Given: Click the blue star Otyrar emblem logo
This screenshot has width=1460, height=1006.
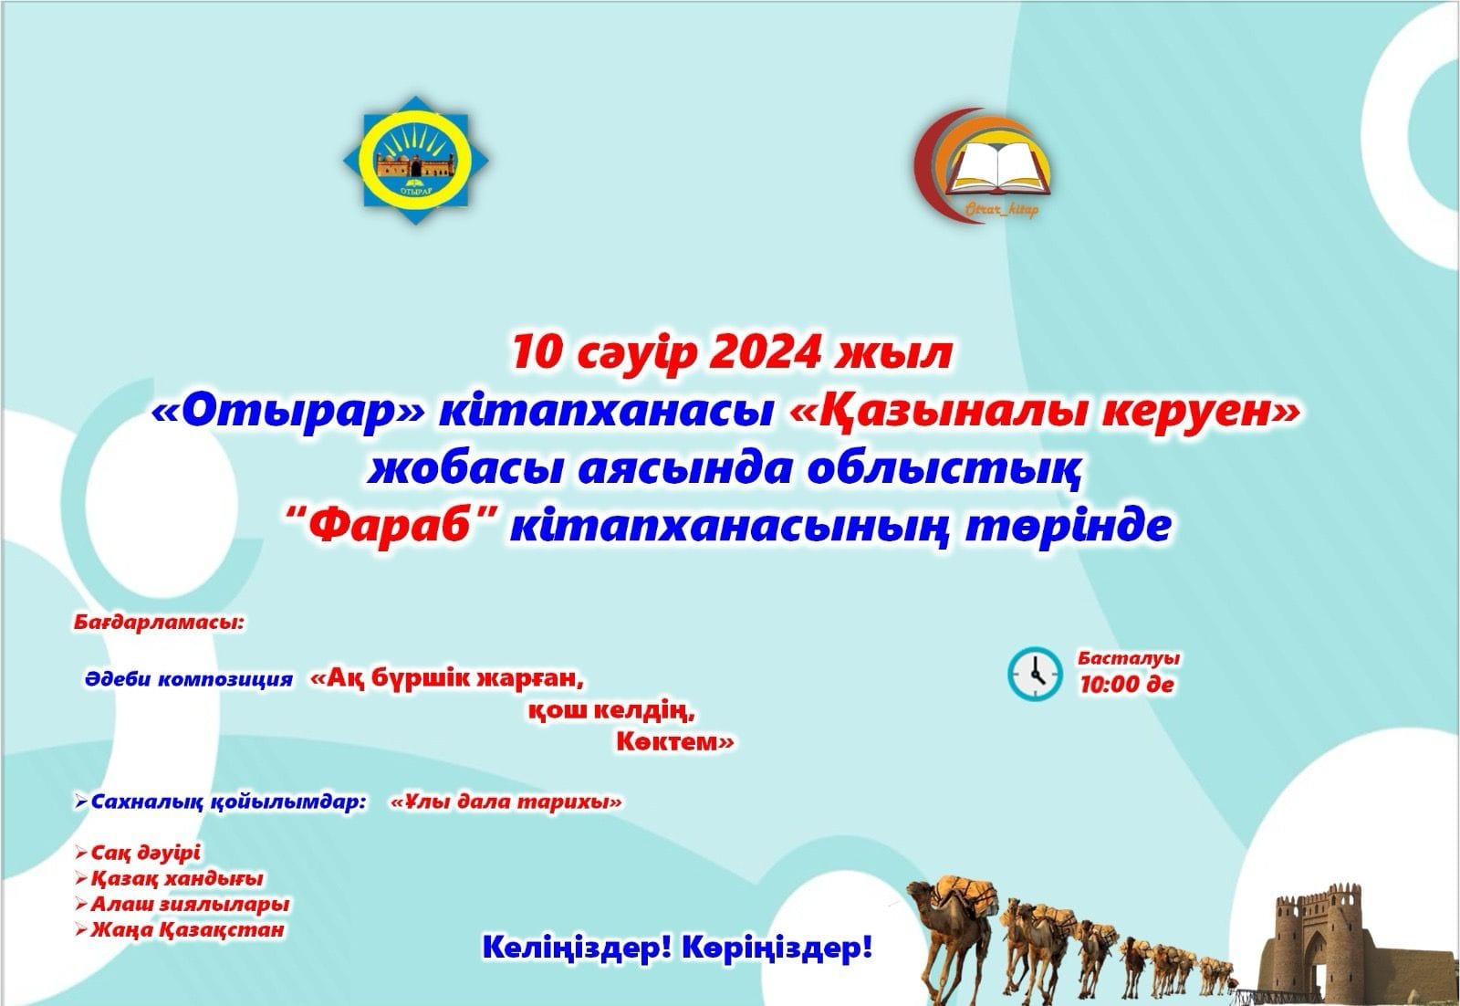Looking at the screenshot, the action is coord(416,161).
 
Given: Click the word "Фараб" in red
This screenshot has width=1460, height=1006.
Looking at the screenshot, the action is coord(393,526).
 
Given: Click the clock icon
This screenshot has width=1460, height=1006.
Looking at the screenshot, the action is coord(1035,674).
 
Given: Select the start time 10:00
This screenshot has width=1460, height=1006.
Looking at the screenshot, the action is coord(1108,684).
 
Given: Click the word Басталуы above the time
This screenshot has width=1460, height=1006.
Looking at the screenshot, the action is coord(1129,657).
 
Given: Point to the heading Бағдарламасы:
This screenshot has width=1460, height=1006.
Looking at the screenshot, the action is coord(159,622).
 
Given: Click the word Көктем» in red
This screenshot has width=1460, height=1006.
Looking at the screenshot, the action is coord(675,742).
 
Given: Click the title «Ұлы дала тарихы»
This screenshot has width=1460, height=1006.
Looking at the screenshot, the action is coord(506,802).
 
